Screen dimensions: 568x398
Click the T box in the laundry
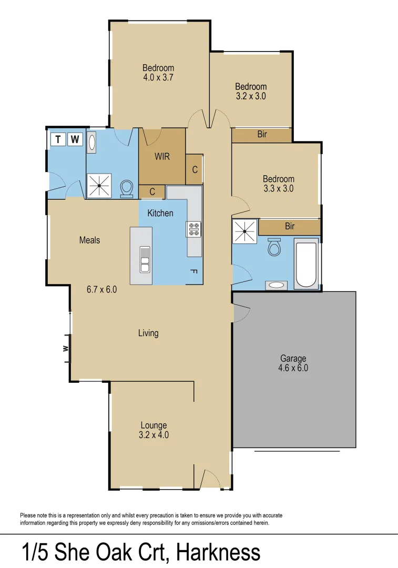coord(58,139)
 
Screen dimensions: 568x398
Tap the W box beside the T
coord(76,139)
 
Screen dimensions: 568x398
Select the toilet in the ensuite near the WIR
coord(127,189)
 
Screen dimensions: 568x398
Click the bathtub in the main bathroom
coord(306,263)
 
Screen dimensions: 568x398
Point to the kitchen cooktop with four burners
coord(193,229)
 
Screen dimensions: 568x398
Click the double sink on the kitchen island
coord(145,259)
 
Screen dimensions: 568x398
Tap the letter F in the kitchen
coord(193,271)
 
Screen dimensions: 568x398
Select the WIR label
coord(162,156)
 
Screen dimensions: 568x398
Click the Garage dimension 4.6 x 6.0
coord(293,368)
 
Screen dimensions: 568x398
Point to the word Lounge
coord(154,425)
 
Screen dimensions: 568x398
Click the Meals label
coord(89,240)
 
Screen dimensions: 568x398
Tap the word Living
coord(148,333)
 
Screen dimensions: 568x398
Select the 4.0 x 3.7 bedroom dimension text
coord(158,77)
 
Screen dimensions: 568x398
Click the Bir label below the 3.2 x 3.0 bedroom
coord(262,135)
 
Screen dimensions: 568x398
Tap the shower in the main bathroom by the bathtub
coord(245,231)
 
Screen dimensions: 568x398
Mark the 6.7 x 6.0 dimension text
coord(101,289)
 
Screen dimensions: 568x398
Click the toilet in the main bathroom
coord(274,247)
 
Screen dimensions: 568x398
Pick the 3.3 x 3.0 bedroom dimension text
coord(279,188)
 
